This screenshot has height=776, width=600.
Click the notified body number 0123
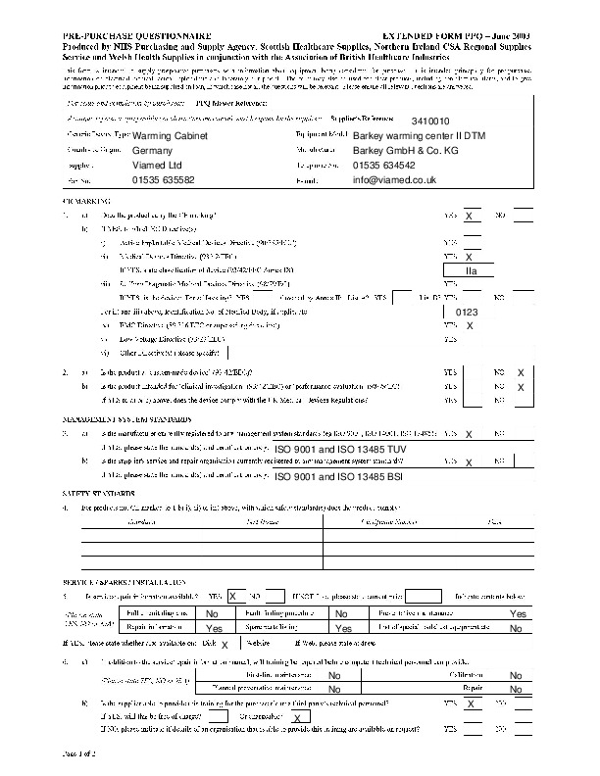tap(468, 312)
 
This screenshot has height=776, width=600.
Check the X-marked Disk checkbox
tap(225, 645)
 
